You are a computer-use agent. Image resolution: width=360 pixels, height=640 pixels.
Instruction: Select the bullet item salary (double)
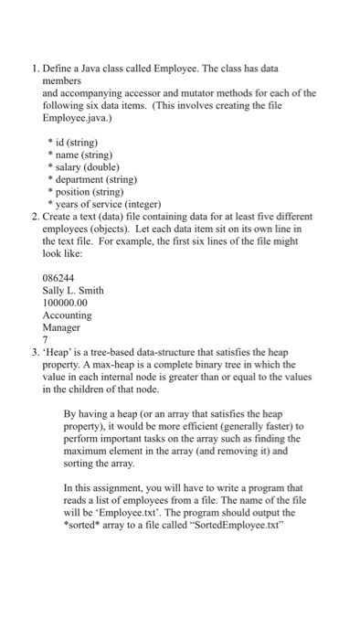[88, 168]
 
